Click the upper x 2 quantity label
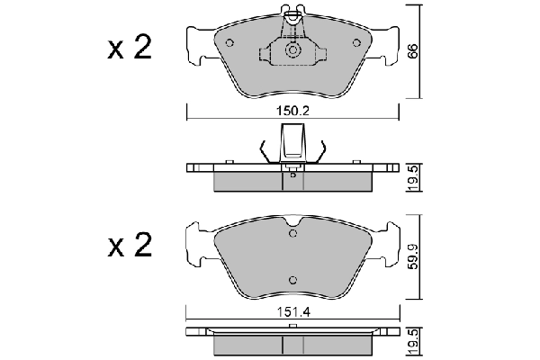click(129, 49)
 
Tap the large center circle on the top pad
click(292, 51)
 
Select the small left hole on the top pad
click(229, 42)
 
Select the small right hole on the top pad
click(354, 42)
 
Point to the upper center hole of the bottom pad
click(292, 234)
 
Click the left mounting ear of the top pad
click(199, 45)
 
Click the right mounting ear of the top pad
click(385, 45)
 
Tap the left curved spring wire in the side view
click(262, 151)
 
